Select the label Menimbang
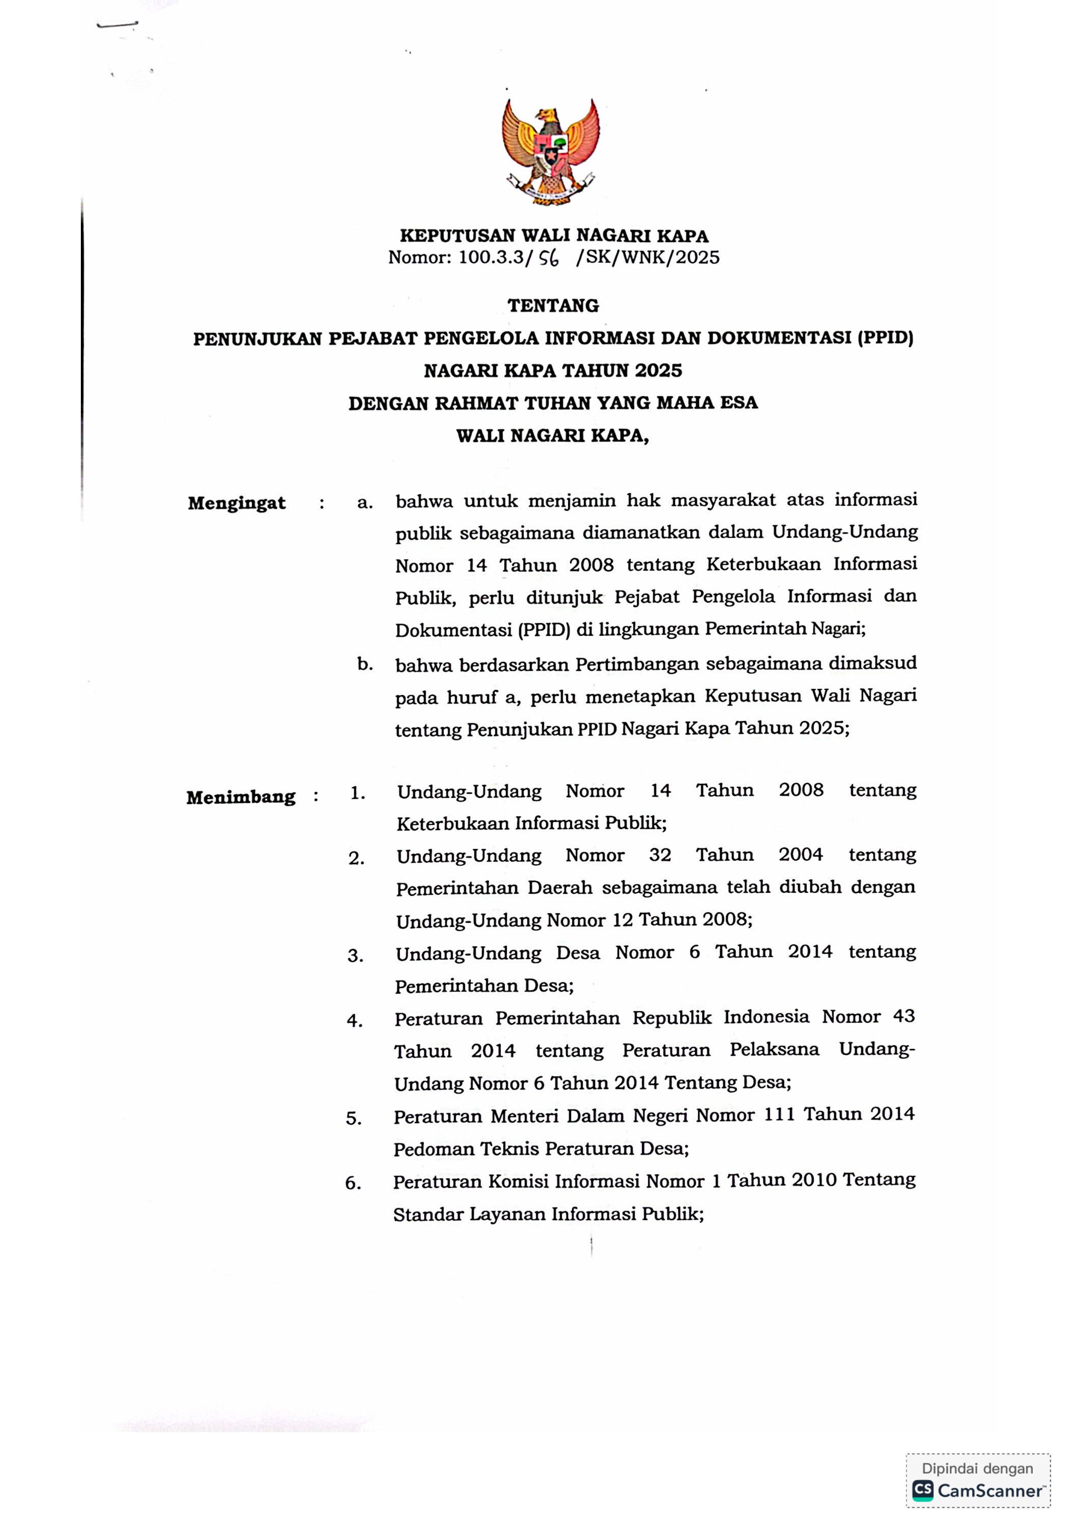pos(240,797)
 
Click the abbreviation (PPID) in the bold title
pos(885,338)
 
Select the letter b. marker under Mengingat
pos(365,663)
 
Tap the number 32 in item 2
pos(660,855)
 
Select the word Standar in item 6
pos(427,1214)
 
